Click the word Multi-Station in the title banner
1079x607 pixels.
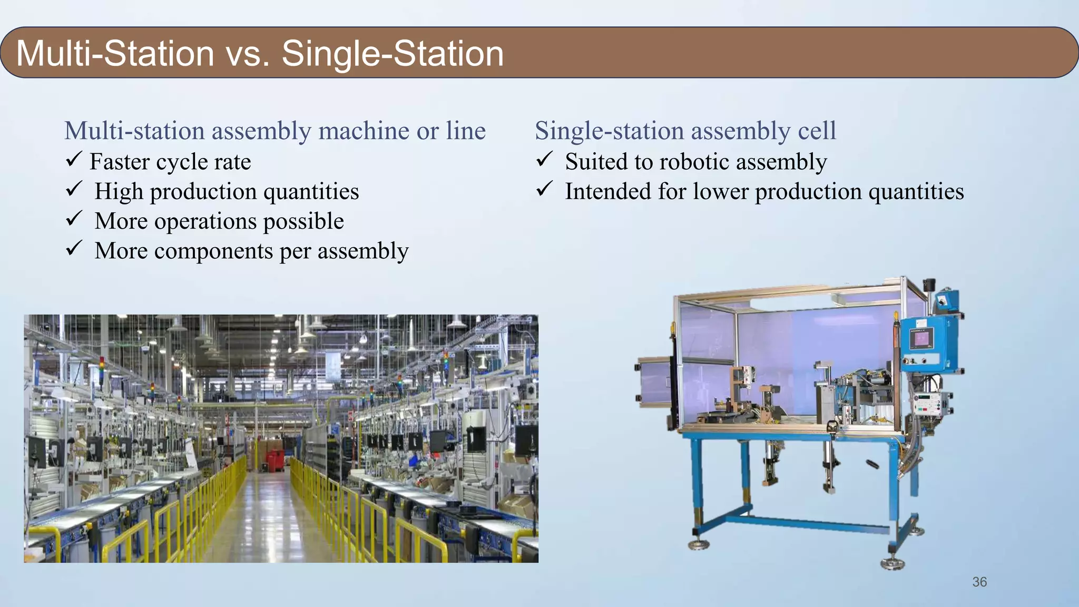click(x=115, y=54)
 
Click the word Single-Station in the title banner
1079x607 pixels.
click(x=393, y=54)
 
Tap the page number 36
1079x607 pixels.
click(x=979, y=582)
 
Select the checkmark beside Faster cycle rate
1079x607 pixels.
click(x=73, y=159)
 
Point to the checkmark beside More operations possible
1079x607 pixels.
click(x=73, y=218)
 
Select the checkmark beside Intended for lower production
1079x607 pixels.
click(x=544, y=189)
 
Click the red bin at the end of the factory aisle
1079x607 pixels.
click(x=274, y=458)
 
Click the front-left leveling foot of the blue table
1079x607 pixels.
click(x=699, y=544)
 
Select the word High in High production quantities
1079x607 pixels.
click(x=119, y=191)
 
